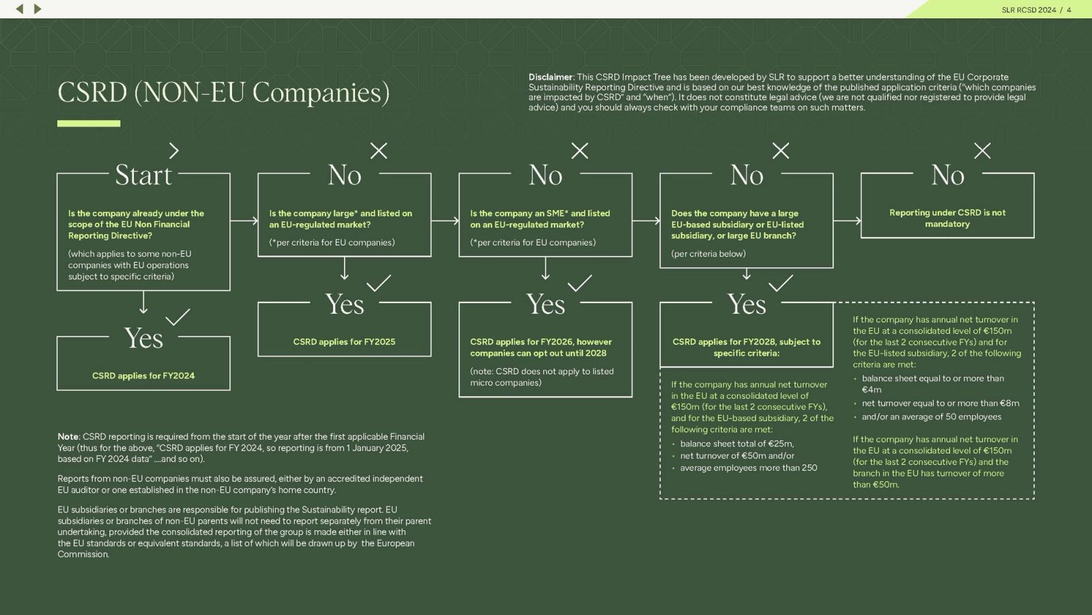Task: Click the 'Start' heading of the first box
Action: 143,175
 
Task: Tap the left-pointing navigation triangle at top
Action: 20,9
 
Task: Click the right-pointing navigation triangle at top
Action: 38,9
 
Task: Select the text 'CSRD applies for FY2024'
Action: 143,375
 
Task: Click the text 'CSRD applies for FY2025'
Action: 344,341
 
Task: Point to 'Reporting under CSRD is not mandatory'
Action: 947,218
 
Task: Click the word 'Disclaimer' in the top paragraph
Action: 550,77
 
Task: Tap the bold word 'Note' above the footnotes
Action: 68,437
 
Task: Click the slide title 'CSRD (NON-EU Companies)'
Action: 223,93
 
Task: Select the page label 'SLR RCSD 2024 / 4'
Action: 1036,10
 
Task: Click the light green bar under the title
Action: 89,124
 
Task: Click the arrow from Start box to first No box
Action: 244,220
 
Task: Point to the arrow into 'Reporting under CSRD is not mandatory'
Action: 847,220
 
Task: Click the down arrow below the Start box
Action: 143,302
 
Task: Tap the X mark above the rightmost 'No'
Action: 982,151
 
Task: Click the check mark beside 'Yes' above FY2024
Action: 177,317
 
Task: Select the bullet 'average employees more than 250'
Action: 748,468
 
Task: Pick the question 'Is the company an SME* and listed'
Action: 540,213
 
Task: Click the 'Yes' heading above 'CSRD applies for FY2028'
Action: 747,304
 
